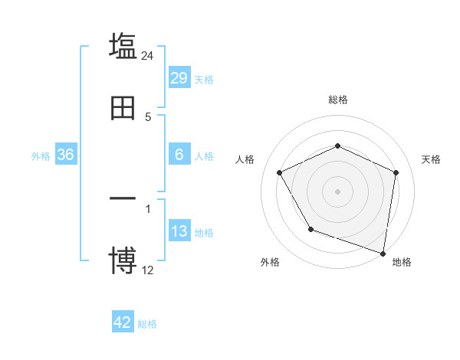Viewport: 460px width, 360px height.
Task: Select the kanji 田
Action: [x=123, y=108]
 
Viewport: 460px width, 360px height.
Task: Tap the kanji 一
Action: [x=123, y=199]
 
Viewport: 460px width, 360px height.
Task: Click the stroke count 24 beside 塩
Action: [x=148, y=56]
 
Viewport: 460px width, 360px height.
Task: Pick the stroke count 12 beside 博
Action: [x=148, y=269]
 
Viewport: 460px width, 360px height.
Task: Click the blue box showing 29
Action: [x=179, y=78]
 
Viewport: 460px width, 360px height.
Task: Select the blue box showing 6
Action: [x=179, y=155]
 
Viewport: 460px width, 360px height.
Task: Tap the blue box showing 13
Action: [x=179, y=231]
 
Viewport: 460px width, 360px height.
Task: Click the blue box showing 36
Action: [x=66, y=155]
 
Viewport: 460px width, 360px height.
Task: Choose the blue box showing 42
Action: [x=123, y=322]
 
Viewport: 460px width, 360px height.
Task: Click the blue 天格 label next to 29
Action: [x=204, y=79]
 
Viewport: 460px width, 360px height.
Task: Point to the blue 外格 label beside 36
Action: [x=41, y=155]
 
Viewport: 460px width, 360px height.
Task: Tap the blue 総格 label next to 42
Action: [x=147, y=323]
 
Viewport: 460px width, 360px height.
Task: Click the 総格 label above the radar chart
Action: [x=338, y=100]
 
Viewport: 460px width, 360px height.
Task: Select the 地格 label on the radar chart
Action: [x=402, y=263]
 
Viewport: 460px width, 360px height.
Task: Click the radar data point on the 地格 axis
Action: [x=383, y=253]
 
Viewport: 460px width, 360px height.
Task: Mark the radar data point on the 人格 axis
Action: [x=280, y=172]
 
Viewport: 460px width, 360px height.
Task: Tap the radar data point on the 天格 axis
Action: [x=396, y=172]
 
